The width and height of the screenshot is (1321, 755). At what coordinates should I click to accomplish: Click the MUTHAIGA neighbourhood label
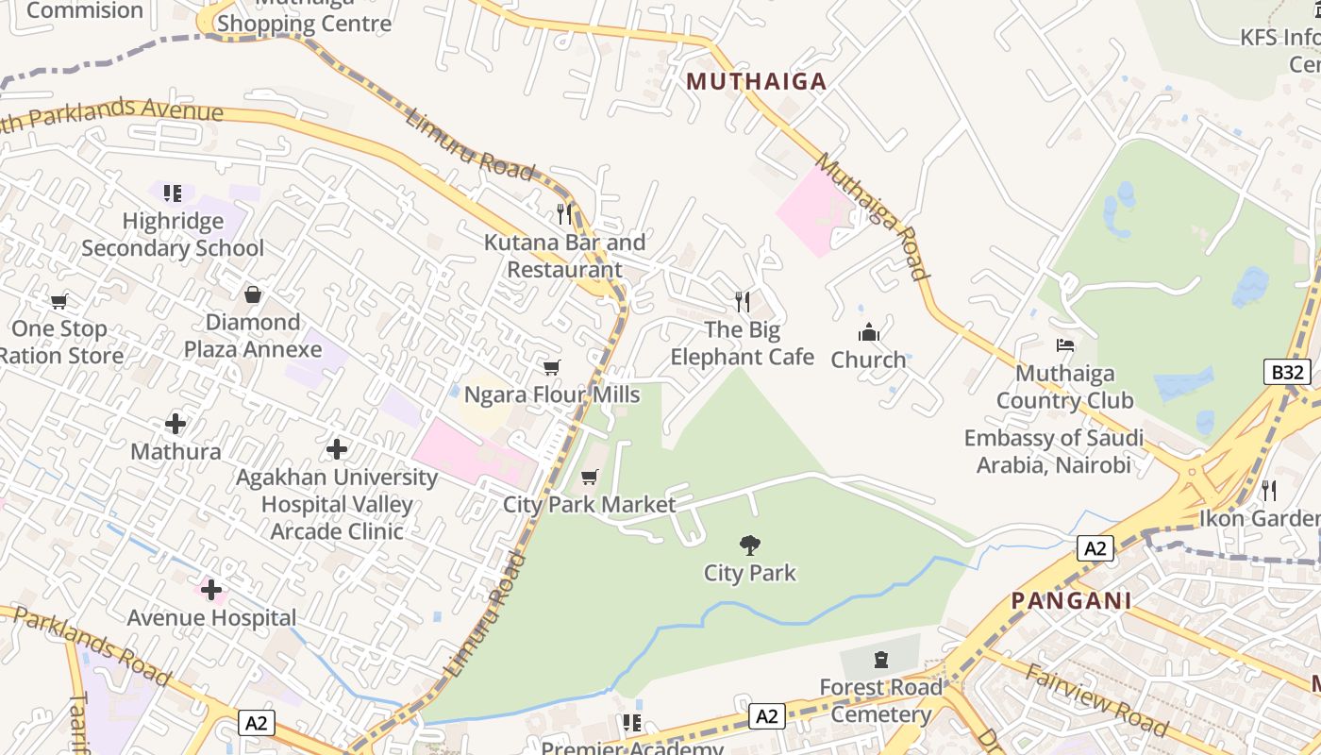(x=756, y=82)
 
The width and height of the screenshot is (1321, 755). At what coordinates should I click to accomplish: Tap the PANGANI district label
(x=1071, y=601)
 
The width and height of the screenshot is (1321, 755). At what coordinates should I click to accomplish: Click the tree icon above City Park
(x=750, y=545)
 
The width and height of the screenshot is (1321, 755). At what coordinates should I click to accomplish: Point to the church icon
(x=868, y=332)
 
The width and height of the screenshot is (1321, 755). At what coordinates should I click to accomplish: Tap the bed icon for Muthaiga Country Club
(x=1065, y=345)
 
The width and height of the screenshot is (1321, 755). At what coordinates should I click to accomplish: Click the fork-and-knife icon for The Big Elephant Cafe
(x=743, y=302)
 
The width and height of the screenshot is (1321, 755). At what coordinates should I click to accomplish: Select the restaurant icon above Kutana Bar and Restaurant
(x=564, y=214)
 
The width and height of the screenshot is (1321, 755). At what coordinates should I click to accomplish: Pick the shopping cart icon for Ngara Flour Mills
(x=552, y=367)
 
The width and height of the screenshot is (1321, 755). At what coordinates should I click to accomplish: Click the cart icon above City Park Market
(x=590, y=478)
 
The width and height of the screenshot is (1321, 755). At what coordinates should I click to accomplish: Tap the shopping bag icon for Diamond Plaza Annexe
(x=252, y=294)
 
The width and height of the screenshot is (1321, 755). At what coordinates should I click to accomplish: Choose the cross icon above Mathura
(x=176, y=424)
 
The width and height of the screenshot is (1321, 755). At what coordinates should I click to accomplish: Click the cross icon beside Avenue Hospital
(x=211, y=591)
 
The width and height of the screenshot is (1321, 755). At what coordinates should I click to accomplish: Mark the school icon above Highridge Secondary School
(x=173, y=193)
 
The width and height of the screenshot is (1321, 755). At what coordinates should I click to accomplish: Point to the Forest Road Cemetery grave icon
(x=881, y=660)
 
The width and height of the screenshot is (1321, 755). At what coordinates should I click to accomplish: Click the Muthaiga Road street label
(x=872, y=217)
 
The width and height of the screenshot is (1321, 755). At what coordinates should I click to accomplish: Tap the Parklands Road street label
(x=92, y=646)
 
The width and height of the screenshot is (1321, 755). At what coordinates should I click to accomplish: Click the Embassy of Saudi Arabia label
(x=1053, y=451)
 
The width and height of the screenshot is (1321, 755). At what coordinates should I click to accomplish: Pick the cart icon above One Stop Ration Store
(x=59, y=302)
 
